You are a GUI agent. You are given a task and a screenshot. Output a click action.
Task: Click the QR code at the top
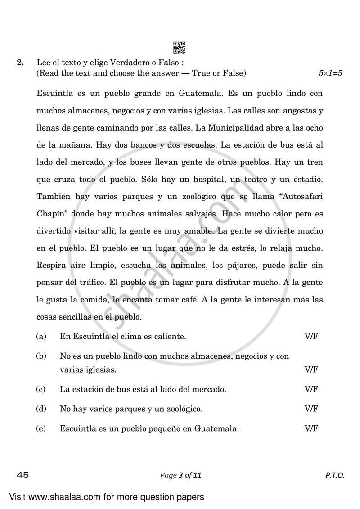tap(180, 47)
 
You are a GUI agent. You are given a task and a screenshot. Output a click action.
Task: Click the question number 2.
tap(20, 63)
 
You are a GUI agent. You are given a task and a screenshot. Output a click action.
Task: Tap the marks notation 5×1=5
tap(330, 73)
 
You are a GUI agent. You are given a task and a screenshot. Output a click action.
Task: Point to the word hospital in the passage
tap(211, 179)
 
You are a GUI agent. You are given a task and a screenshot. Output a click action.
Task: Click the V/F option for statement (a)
tap(311, 336)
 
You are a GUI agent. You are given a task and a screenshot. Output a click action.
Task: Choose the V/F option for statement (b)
tap(311, 369)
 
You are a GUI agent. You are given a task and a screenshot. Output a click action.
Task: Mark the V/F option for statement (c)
tap(311, 389)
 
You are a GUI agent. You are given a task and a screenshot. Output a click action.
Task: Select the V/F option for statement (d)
tap(311, 409)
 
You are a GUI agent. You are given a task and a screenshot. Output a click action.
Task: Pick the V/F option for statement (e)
tap(311, 428)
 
